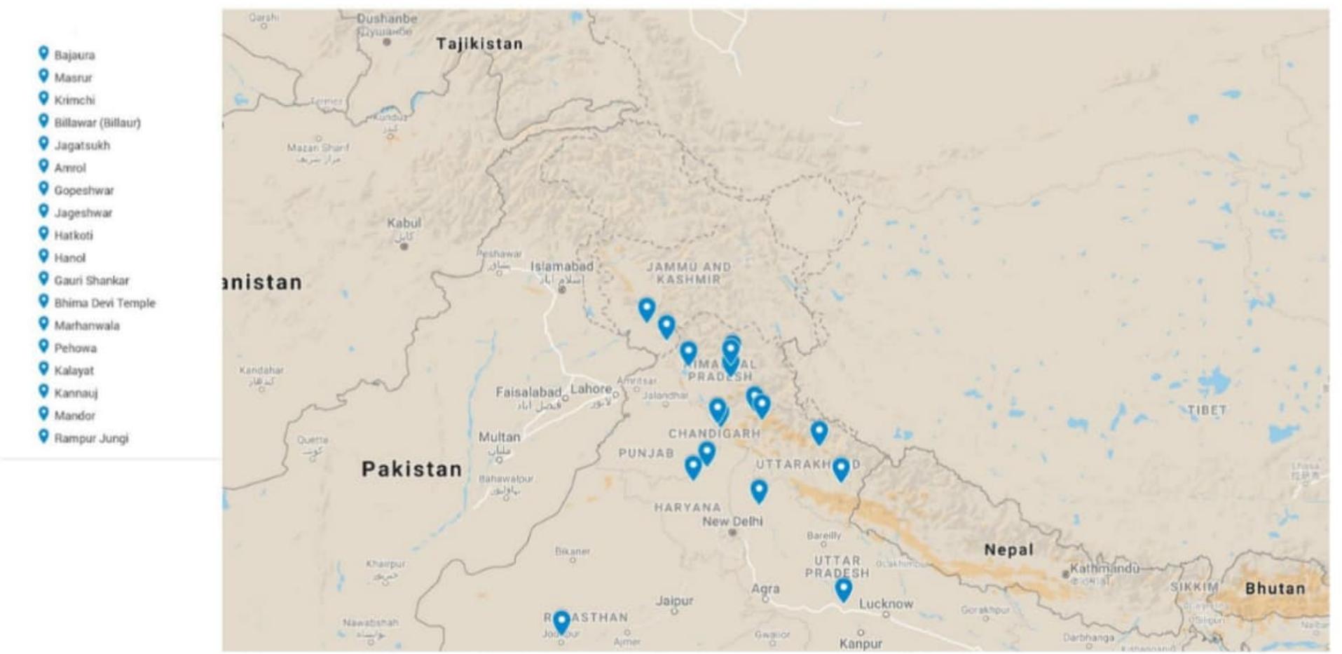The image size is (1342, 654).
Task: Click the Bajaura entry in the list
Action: click(74, 55)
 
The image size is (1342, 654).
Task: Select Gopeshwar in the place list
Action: click(83, 191)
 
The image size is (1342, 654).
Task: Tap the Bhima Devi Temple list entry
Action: click(104, 303)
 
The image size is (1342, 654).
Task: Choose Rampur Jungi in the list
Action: click(91, 438)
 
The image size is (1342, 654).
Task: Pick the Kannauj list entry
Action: click(76, 393)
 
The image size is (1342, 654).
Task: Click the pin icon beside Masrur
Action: click(43, 76)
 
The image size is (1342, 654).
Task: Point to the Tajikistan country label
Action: click(479, 44)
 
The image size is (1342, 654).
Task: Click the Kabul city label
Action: click(404, 224)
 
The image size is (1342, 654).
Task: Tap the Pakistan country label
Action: click(411, 469)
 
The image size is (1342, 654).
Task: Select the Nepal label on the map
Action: click(1008, 550)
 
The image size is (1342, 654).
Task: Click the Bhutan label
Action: click(1275, 589)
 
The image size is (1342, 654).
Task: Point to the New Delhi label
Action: click(732, 522)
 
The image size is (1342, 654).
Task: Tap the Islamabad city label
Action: click(561, 267)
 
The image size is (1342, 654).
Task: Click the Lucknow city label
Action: click(886, 604)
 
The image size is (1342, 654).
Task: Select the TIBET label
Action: click(1207, 410)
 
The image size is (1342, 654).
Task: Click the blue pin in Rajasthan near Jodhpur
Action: click(561, 622)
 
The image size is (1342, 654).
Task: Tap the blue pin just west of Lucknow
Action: click(844, 590)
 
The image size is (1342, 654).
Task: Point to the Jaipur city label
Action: click(674, 601)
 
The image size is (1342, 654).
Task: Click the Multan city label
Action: click(499, 437)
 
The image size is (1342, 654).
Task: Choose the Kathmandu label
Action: click(1104, 568)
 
